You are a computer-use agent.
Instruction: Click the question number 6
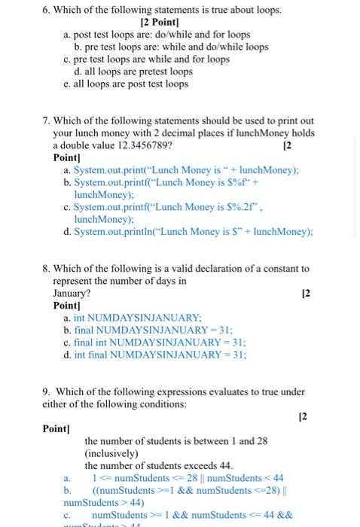46,11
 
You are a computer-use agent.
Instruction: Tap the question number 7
46,121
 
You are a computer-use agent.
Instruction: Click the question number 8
46,269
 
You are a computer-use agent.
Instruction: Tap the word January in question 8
72,293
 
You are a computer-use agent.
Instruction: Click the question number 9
46,391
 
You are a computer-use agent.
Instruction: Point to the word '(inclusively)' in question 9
111,453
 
